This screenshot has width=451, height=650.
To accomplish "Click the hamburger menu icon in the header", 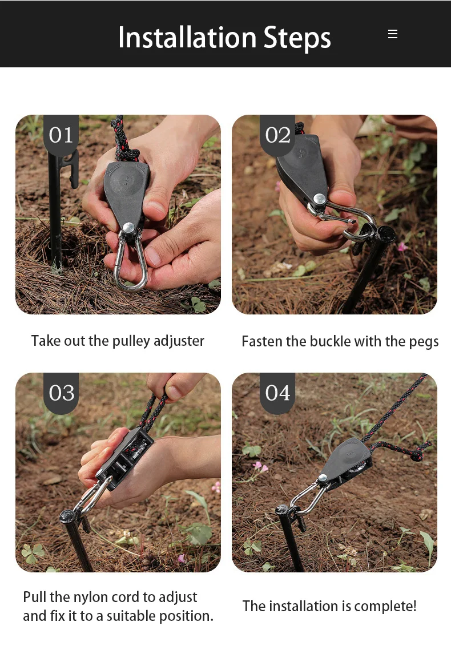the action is (x=393, y=34).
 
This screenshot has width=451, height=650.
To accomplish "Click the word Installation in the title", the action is (x=187, y=38).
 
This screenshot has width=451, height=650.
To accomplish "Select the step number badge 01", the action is (x=61, y=135).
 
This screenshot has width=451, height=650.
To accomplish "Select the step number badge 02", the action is (x=277, y=135).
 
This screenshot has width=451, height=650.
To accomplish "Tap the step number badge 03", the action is (x=61, y=393).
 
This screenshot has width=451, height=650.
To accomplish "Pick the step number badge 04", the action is (x=277, y=393).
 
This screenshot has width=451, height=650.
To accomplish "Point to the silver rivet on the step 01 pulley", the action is (x=129, y=228).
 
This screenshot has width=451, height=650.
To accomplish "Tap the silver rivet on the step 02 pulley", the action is (x=319, y=199).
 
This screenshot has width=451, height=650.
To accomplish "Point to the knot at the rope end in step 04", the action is (x=415, y=455).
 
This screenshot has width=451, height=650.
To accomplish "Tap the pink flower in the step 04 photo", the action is (x=260, y=467).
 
